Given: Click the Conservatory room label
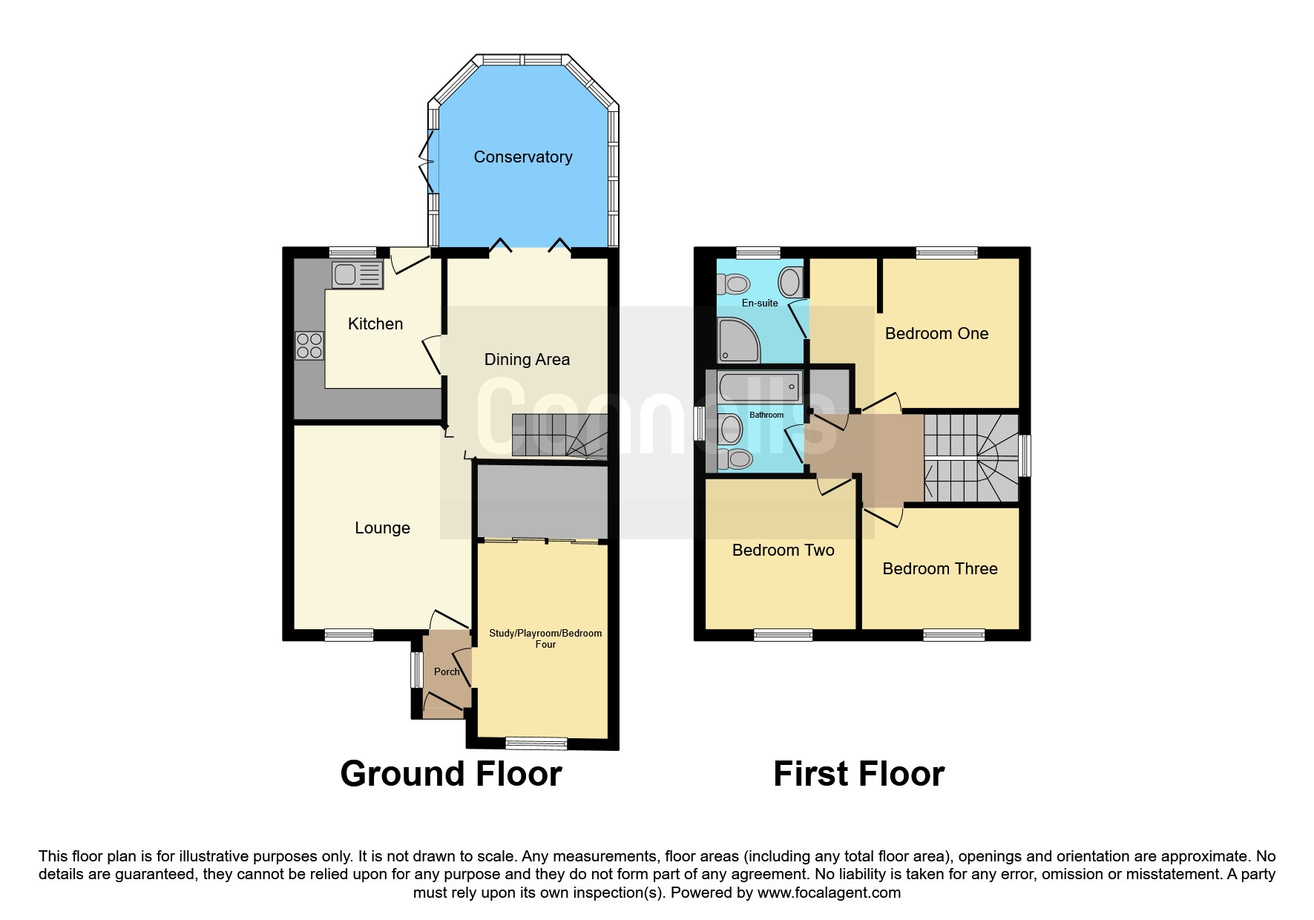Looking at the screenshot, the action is tap(523, 157).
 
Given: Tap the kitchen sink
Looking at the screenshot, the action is tap(357, 275).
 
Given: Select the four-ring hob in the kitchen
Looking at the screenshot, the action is tap(309, 345).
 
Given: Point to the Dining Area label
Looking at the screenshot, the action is tap(527, 360).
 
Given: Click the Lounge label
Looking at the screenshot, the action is tap(382, 528).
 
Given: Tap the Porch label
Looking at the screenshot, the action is tap(447, 671).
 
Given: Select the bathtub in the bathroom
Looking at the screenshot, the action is tap(760, 387).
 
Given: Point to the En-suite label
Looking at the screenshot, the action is tap(760, 303).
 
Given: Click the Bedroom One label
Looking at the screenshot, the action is tap(936, 334).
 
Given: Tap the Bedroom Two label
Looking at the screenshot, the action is tap(783, 551).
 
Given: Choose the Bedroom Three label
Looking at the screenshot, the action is tap(940, 569).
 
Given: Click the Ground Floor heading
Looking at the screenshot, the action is tap(451, 774).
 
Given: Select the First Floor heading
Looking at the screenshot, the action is tap(858, 774).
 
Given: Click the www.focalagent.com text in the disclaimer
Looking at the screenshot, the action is tap(829, 893).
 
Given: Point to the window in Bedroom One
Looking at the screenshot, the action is tap(947, 252).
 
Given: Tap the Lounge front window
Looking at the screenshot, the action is tap(349, 635).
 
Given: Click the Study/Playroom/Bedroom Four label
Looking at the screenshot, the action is tap(545, 639).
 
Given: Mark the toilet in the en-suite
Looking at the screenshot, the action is tap(734, 283).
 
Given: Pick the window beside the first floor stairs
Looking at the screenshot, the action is tap(1025, 455).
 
